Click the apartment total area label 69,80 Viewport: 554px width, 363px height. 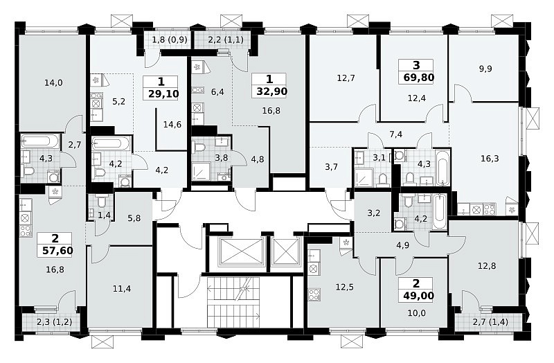coord(419,78)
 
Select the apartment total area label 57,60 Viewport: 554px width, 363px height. coord(57,251)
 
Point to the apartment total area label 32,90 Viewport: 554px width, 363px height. coord(271,91)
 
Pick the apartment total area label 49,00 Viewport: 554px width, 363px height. coord(419,296)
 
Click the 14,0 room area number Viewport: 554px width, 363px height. coord(54,83)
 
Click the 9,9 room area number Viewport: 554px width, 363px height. coord(485,69)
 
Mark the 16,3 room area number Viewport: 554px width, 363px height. coord(490,159)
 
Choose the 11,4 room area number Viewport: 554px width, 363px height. coord(122,289)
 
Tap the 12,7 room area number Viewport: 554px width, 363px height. coord(346,78)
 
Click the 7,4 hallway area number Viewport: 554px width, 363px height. coord(396,134)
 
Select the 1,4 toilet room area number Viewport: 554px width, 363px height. coord(105,215)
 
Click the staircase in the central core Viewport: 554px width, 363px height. coord(233,303)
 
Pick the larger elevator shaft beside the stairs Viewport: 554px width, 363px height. coord(242,251)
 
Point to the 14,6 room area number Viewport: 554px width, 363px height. coord(172,125)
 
